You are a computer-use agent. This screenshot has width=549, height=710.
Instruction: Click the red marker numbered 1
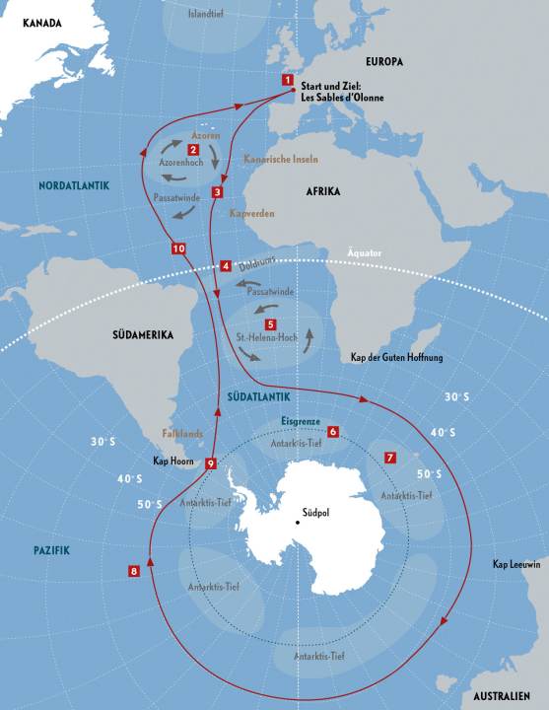pyautogui.click(x=288, y=80)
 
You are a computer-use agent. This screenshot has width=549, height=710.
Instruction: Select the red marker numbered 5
pyautogui.click(x=271, y=323)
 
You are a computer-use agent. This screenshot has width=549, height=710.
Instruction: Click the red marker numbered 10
pyautogui.click(x=177, y=248)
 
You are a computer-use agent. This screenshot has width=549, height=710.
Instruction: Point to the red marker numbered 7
pyautogui.click(x=390, y=458)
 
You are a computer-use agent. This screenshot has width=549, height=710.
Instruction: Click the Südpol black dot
pyautogui.click(x=298, y=521)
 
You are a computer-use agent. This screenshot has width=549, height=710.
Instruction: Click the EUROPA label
pyautogui.click(x=383, y=62)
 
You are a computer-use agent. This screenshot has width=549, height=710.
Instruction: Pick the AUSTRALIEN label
pyautogui.click(x=504, y=694)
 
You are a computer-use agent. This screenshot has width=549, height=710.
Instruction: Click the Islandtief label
pyautogui.click(x=207, y=14)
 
